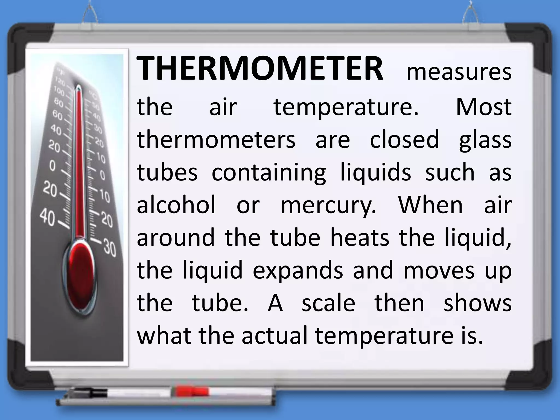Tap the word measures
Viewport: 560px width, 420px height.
click(x=459, y=72)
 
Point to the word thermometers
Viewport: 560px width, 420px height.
click(x=216, y=139)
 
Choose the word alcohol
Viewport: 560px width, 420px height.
click(x=176, y=205)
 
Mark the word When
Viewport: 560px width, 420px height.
click(x=430, y=205)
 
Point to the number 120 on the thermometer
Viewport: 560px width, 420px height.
click(x=60, y=81)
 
